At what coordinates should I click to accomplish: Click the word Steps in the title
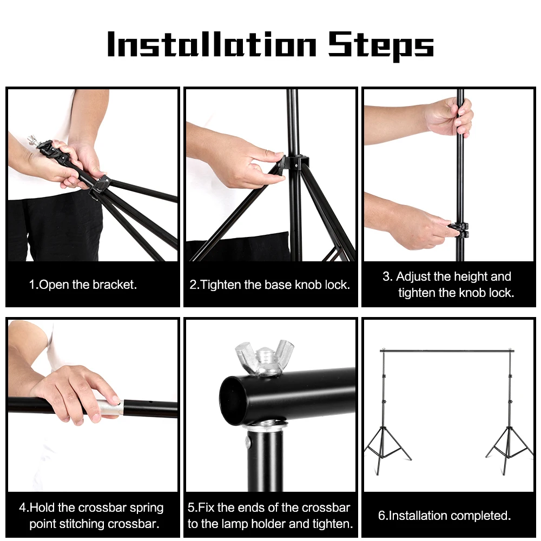click(x=381, y=45)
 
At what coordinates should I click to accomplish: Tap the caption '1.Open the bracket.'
click(x=83, y=285)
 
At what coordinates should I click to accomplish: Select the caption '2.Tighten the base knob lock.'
click(x=269, y=285)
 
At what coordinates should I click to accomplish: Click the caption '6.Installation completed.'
click(x=444, y=516)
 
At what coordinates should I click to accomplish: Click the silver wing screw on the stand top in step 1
click(x=36, y=142)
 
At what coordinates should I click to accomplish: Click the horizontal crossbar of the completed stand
click(x=446, y=351)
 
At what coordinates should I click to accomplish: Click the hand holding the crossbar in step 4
click(x=73, y=392)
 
